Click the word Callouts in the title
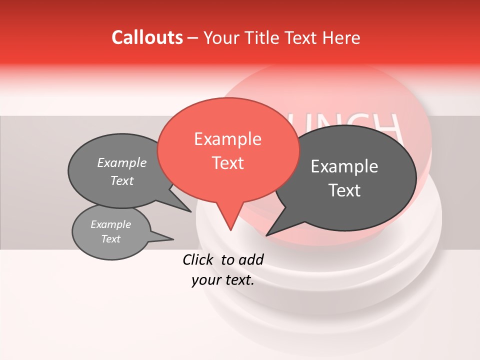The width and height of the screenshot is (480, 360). [x=147, y=37]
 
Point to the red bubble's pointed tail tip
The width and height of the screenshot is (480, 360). [x=230, y=230]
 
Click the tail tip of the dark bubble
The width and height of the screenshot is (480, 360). [x=266, y=235]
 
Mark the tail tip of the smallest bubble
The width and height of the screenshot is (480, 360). [x=173, y=239]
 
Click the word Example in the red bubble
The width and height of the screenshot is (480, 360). [x=227, y=139]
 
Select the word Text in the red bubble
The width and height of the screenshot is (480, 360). [x=227, y=163]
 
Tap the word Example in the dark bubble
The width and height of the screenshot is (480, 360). [x=344, y=166]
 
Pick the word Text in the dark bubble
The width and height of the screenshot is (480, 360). [x=344, y=190]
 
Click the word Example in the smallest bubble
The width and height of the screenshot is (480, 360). [x=110, y=224]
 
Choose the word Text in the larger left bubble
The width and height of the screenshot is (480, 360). [x=122, y=181]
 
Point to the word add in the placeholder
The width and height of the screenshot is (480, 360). [x=250, y=259]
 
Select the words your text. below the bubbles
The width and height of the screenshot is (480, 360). [x=223, y=280]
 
